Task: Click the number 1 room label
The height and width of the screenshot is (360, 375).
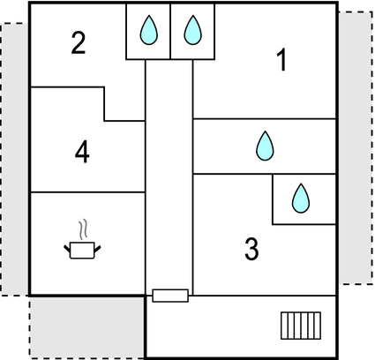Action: pyautogui.click(x=282, y=60)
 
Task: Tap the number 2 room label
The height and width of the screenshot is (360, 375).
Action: pyautogui.click(x=79, y=43)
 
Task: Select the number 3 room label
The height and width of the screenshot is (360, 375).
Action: pyautogui.click(x=251, y=249)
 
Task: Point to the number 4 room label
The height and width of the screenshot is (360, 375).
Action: pyautogui.click(x=82, y=152)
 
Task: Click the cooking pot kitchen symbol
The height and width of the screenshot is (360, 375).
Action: pyautogui.click(x=82, y=251)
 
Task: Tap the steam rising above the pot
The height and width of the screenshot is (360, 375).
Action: pyautogui.click(x=83, y=229)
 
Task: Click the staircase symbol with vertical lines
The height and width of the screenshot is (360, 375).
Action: pyautogui.click(x=301, y=326)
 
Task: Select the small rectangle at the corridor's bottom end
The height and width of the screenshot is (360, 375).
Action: pyautogui.click(x=170, y=296)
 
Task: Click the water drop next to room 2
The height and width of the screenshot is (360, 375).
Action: pyautogui.click(x=149, y=30)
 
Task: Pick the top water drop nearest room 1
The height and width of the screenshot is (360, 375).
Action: pyautogui.click(x=193, y=30)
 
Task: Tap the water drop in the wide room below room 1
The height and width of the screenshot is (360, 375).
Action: pyautogui.click(x=265, y=146)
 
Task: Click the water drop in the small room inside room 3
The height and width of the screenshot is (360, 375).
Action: pyautogui.click(x=301, y=199)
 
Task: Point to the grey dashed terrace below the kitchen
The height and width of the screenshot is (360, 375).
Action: pyautogui.click(x=87, y=327)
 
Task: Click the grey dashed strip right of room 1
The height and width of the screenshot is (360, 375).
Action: pyautogui.click(x=356, y=148)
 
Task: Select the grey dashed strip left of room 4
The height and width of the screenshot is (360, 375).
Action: pyautogui.click(x=15, y=159)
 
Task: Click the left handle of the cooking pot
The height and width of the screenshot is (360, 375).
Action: pyautogui.click(x=67, y=249)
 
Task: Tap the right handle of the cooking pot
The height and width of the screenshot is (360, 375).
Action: pyautogui.click(x=97, y=249)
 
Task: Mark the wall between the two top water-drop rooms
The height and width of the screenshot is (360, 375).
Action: pyautogui.click(x=170, y=32)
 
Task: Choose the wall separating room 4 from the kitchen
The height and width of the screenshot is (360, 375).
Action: pyautogui.click(x=88, y=192)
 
